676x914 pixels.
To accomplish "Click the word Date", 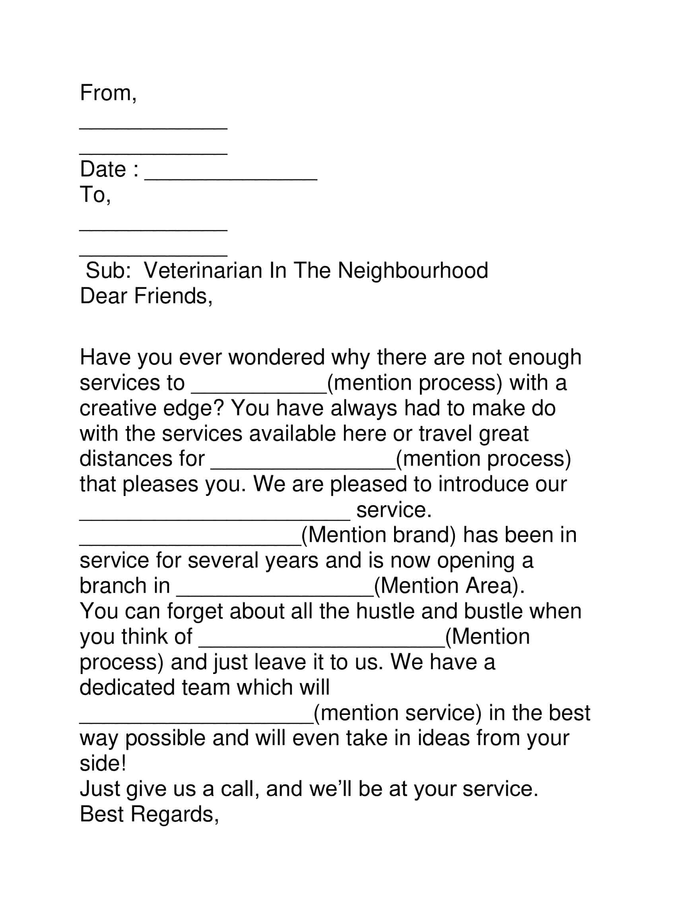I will point(103,169).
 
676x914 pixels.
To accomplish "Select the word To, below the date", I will point(95,195).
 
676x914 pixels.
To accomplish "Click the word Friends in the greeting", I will point(173,296).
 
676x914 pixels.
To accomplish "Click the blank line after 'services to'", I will point(259,391).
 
